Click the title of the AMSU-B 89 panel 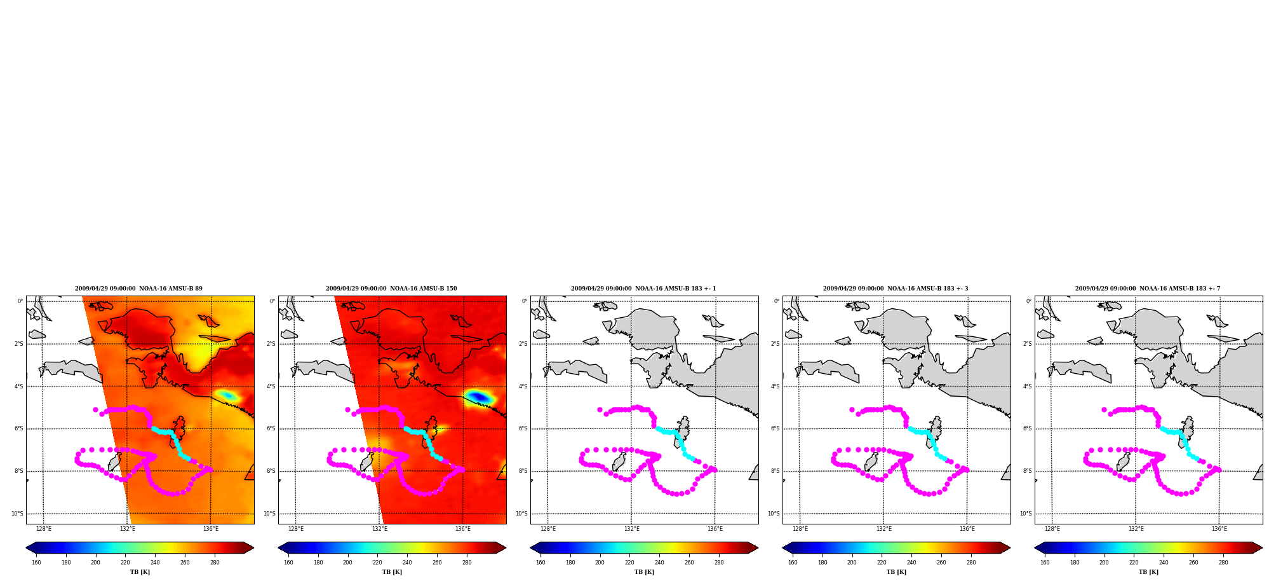pos(138,289)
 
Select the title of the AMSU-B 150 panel pos(391,289)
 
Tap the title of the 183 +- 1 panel pos(643,289)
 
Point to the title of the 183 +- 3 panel pos(896,289)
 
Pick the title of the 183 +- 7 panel pos(1148,289)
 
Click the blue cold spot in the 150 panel pos(479,397)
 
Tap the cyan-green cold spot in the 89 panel pos(227,395)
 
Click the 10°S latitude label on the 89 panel pos(17,514)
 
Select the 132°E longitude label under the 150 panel pos(379,529)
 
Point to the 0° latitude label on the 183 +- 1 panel pos(525,301)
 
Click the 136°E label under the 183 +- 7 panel pos(1219,529)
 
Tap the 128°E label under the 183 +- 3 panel pos(800,529)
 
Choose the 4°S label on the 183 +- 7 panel pos(1027,386)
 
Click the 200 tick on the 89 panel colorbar pos(95,563)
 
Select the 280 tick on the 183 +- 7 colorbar pos(1223,563)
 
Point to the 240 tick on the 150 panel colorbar pos(407,563)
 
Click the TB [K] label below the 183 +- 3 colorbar pos(896,572)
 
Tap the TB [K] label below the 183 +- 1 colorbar pos(644,572)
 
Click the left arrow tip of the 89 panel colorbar pos(26,548)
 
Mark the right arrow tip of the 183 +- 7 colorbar pos(1262,548)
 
